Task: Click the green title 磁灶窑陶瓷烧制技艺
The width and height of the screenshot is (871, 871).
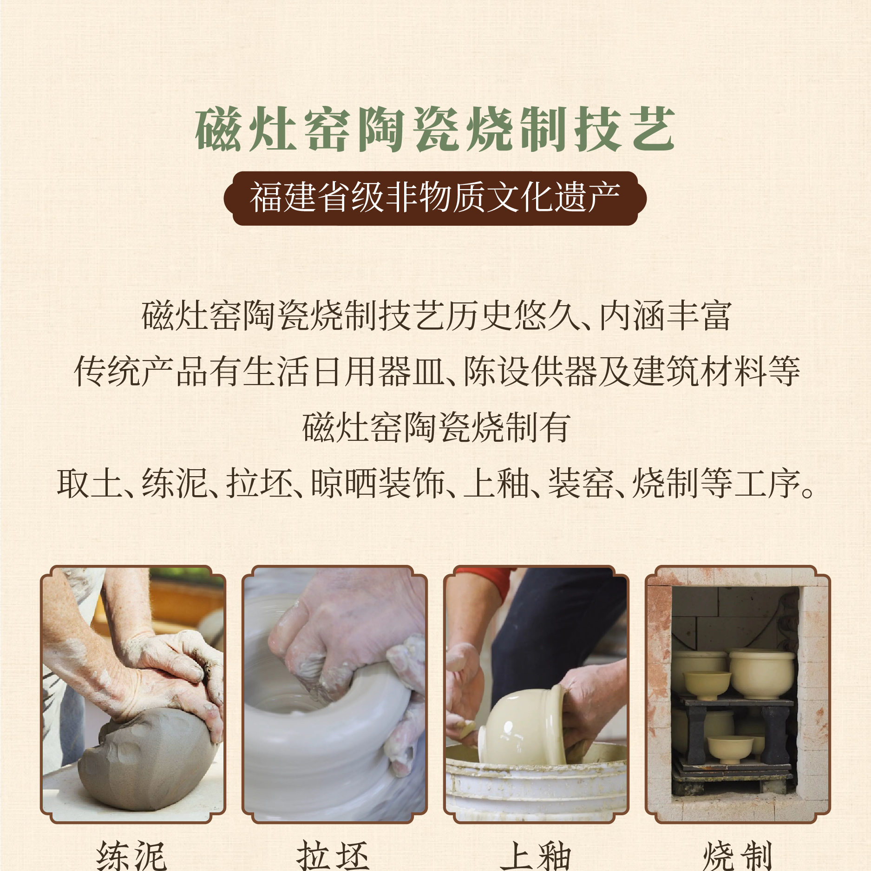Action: click(x=435, y=129)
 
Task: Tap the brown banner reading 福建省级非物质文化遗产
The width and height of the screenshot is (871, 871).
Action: click(x=435, y=198)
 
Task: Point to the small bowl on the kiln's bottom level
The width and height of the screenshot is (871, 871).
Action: click(x=730, y=748)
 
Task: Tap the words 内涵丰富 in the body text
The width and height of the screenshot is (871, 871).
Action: click(x=665, y=316)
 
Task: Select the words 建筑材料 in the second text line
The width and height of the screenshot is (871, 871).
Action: click(x=700, y=372)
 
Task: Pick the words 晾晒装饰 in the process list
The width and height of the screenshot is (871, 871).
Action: click(x=378, y=484)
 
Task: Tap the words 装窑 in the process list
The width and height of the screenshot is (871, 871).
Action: click(x=581, y=484)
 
